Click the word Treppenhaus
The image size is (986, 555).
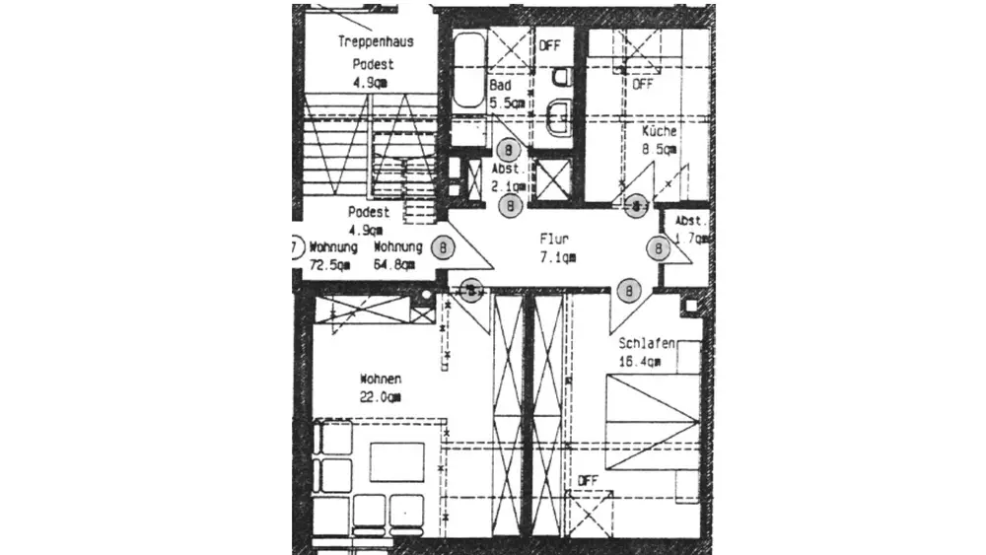coord(375,41)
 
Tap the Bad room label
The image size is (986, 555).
coord(501,86)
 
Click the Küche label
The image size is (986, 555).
coord(659,132)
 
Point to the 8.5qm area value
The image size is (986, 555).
coord(659,150)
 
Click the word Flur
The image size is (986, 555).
coord(553,240)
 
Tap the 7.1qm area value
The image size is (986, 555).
coord(557,257)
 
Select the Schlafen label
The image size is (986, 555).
coord(647,344)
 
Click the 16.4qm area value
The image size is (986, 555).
coord(640,362)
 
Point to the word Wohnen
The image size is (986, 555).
coord(381,379)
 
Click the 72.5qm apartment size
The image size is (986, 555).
coord(330,265)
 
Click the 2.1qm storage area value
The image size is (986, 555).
coord(510,185)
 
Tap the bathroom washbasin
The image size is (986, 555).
coord(558,115)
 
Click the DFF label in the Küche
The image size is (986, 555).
coord(643,84)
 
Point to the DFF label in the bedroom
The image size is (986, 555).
coord(588,481)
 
